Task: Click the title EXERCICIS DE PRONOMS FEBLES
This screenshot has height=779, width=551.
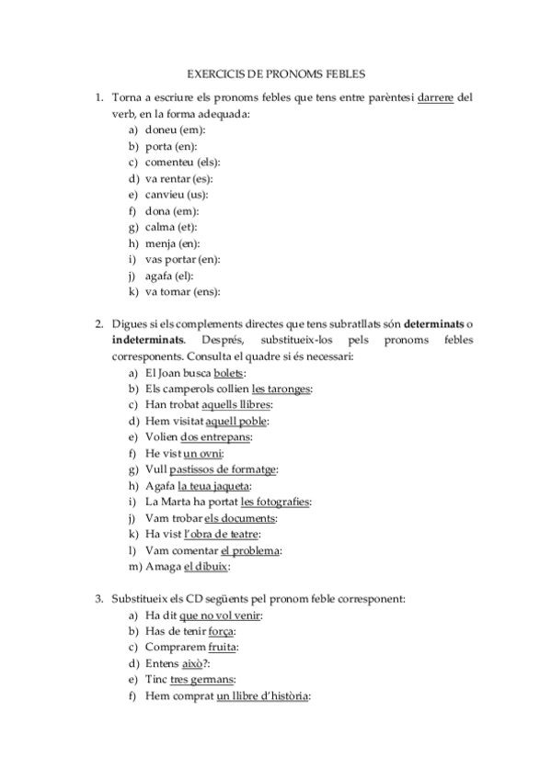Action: tap(276, 71)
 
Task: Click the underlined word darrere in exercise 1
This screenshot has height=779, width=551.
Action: tap(436, 96)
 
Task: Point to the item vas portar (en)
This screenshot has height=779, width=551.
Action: tap(183, 259)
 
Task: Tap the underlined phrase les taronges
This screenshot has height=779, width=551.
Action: tap(281, 389)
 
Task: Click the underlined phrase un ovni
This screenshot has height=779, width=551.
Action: tap(203, 453)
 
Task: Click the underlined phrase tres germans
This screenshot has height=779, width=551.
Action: tap(202, 679)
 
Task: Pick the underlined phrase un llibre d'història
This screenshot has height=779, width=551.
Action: tap(262, 695)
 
